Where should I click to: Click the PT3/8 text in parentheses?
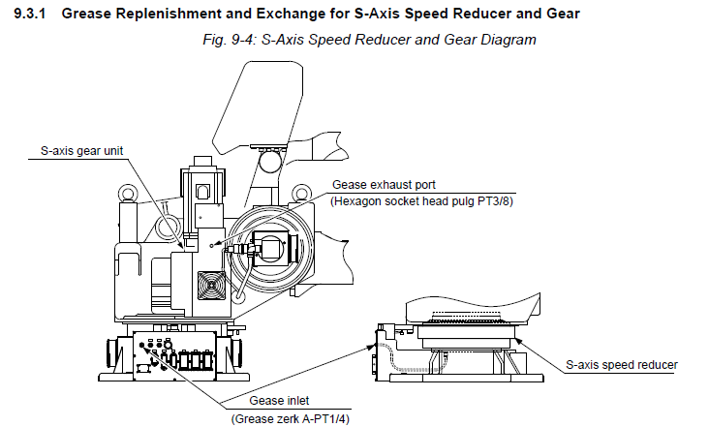click(497, 200)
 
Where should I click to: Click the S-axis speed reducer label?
click(621, 365)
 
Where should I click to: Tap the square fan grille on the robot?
click(211, 288)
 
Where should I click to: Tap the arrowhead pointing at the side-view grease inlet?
click(376, 341)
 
